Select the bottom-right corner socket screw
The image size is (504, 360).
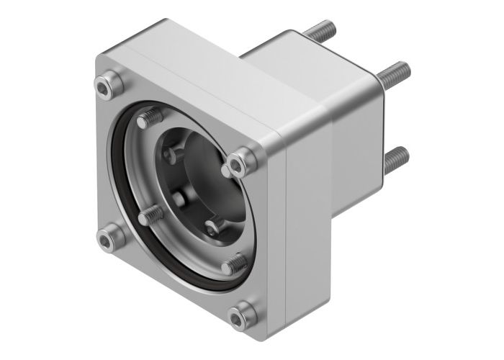tap(241, 314)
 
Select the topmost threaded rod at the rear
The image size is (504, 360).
tap(321, 30)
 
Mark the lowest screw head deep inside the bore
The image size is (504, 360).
tap(212, 228)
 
